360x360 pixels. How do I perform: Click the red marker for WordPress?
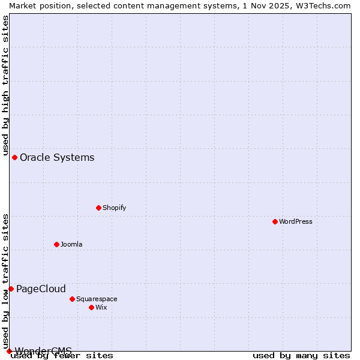tap(275, 221)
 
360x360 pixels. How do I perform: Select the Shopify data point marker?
tap(98, 208)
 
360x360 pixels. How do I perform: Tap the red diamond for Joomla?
tap(56, 244)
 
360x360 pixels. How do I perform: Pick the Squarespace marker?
tap(72, 299)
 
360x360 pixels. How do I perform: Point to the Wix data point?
tap(91, 307)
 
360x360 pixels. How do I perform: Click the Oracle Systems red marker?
tap(14, 157)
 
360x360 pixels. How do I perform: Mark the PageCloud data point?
tap(11, 289)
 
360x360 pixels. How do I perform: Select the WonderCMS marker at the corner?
tap(9, 351)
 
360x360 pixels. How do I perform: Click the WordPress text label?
tap(295, 221)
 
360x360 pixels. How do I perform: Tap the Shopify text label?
tap(114, 208)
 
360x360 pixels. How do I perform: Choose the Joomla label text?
tap(71, 244)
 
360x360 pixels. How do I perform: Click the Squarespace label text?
tap(97, 299)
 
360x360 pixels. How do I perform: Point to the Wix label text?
tap(101, 307)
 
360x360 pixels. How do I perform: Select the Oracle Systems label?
tap(57, 158)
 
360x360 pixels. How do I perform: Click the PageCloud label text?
tap(41, 289)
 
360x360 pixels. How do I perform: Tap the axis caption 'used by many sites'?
tap(301, 356)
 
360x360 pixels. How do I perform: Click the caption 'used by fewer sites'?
tap(62, 356)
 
